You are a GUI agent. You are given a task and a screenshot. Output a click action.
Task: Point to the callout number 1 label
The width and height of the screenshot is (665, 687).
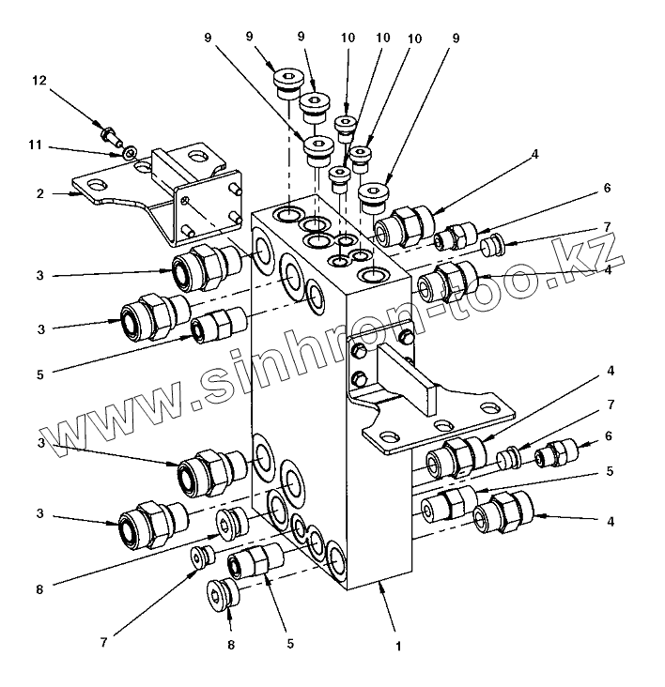[398, 647]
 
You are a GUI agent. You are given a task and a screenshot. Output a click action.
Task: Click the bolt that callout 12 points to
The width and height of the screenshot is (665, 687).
[111, 135]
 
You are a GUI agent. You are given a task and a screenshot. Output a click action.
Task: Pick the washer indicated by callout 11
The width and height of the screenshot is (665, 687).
[130, 151]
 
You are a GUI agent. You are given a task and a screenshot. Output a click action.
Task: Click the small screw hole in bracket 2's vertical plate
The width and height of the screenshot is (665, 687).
[187, 200]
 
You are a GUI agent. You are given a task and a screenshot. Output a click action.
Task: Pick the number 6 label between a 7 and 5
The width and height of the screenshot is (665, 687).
[608, 436]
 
